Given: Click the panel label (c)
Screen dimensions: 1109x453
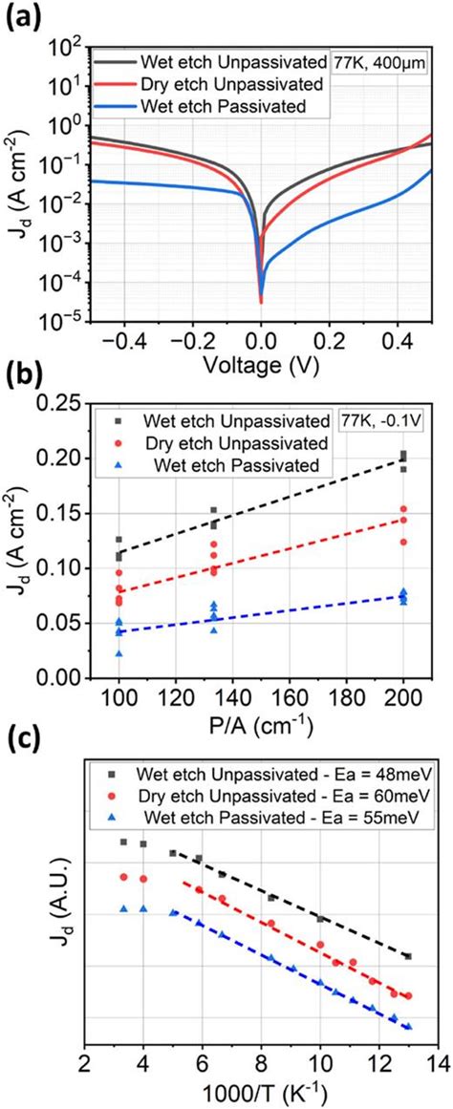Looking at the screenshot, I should click(x=22, y=736).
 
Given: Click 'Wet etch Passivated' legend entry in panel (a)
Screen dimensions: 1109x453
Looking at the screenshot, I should click(x=246, y=106).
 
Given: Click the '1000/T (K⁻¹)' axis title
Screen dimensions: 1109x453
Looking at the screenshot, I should click(x=260, y=1092).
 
